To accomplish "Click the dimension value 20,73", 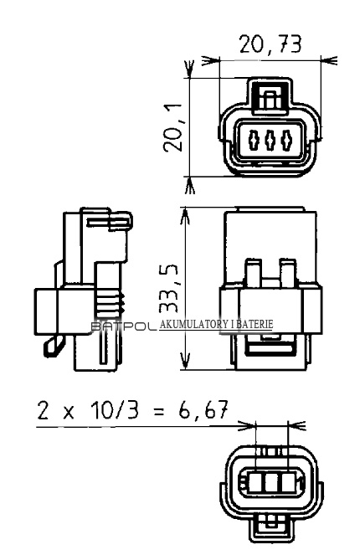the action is pyautogui.click(x=270, y=44).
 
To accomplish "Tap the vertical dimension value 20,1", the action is pyautogui.click(x=173, y=128).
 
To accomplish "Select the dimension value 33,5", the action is pyautogui.click(x=167, y=289).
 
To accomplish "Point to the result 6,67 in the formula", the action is pyautogui.click(x=203, y=410).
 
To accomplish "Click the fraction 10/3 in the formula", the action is pyautogui.click(x=114, y=410).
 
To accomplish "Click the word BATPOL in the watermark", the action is pyautogui.click(x=124, y=326).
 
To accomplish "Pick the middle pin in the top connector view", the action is pyautogui.click(x=270, y=140).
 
